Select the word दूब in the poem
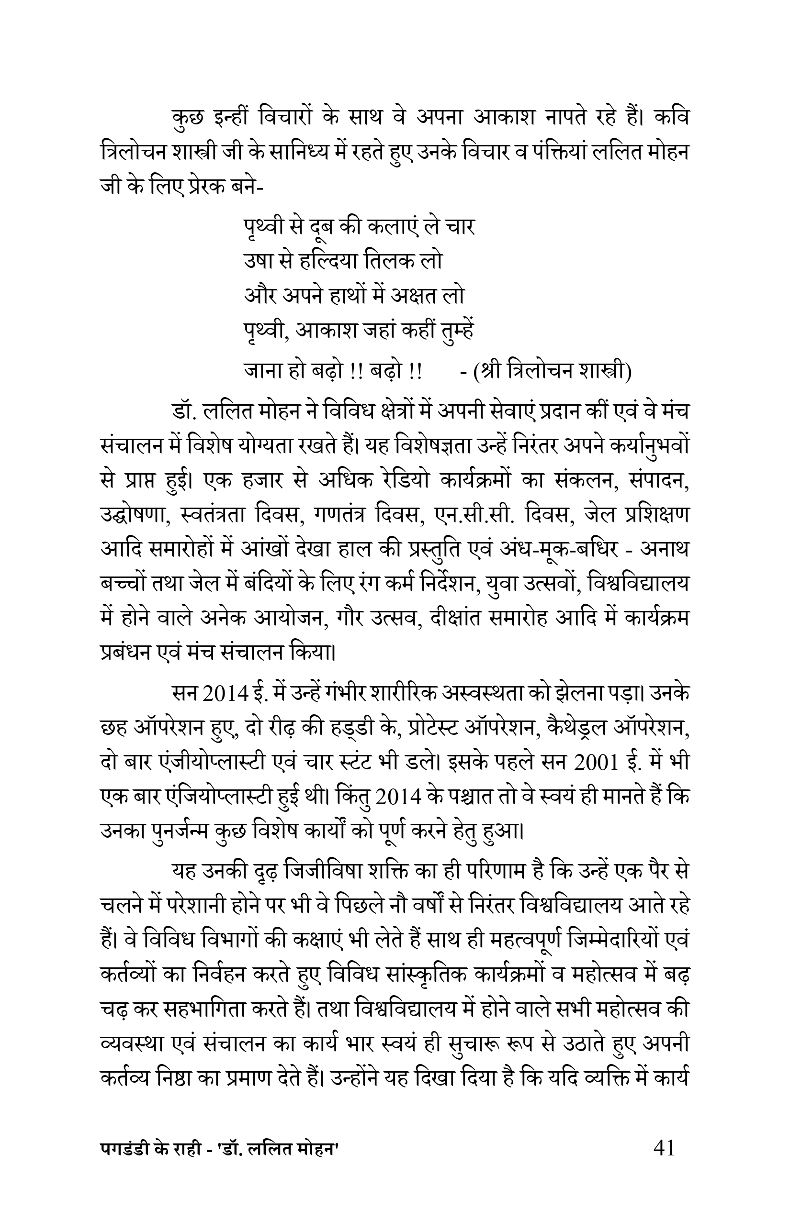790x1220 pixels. [318, 228]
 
